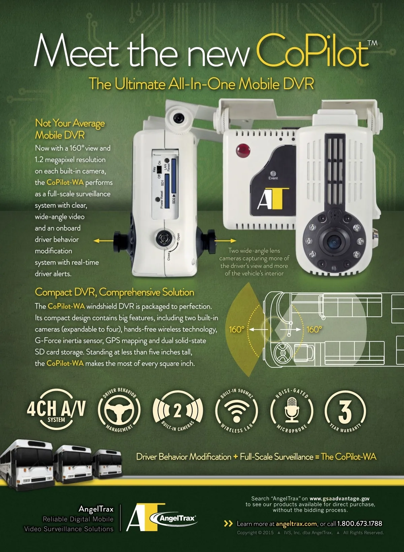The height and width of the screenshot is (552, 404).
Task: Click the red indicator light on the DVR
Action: (243, 150)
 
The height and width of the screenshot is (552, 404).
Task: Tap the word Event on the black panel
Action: (273, 178)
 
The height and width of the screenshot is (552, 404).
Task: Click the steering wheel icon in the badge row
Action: (119, 410)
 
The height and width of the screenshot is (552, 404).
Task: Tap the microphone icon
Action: (292, 409)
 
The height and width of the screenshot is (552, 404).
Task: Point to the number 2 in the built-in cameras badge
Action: (177, 411)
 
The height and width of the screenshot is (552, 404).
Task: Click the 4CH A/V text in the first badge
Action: (56, 408)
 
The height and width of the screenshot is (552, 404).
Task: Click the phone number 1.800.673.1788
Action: (360, 523)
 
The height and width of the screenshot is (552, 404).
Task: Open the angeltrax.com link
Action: (296, 524)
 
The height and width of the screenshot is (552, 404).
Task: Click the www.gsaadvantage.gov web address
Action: (339, 498)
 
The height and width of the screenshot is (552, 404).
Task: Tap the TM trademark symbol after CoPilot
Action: (372, 43)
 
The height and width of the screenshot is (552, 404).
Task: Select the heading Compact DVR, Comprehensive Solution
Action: (114, 292)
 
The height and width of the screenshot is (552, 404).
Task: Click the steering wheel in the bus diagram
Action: (283, 353)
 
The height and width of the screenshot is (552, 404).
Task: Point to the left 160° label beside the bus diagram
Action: (237, 329)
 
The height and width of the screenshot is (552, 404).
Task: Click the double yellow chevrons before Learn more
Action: (228, 523)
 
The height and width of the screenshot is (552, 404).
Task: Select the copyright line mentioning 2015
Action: (310, 532)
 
